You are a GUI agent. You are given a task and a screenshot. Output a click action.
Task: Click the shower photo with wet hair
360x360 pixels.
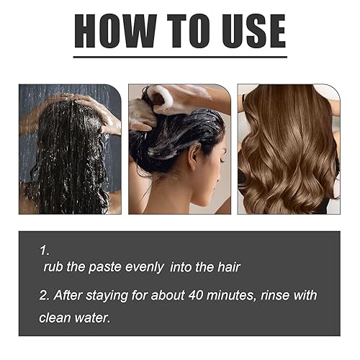(70, 149)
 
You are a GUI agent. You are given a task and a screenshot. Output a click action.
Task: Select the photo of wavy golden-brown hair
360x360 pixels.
(288, 149)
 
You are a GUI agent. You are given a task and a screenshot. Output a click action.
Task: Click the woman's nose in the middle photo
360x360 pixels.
(223, 164)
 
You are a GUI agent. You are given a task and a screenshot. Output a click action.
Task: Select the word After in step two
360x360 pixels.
(71, 296)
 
